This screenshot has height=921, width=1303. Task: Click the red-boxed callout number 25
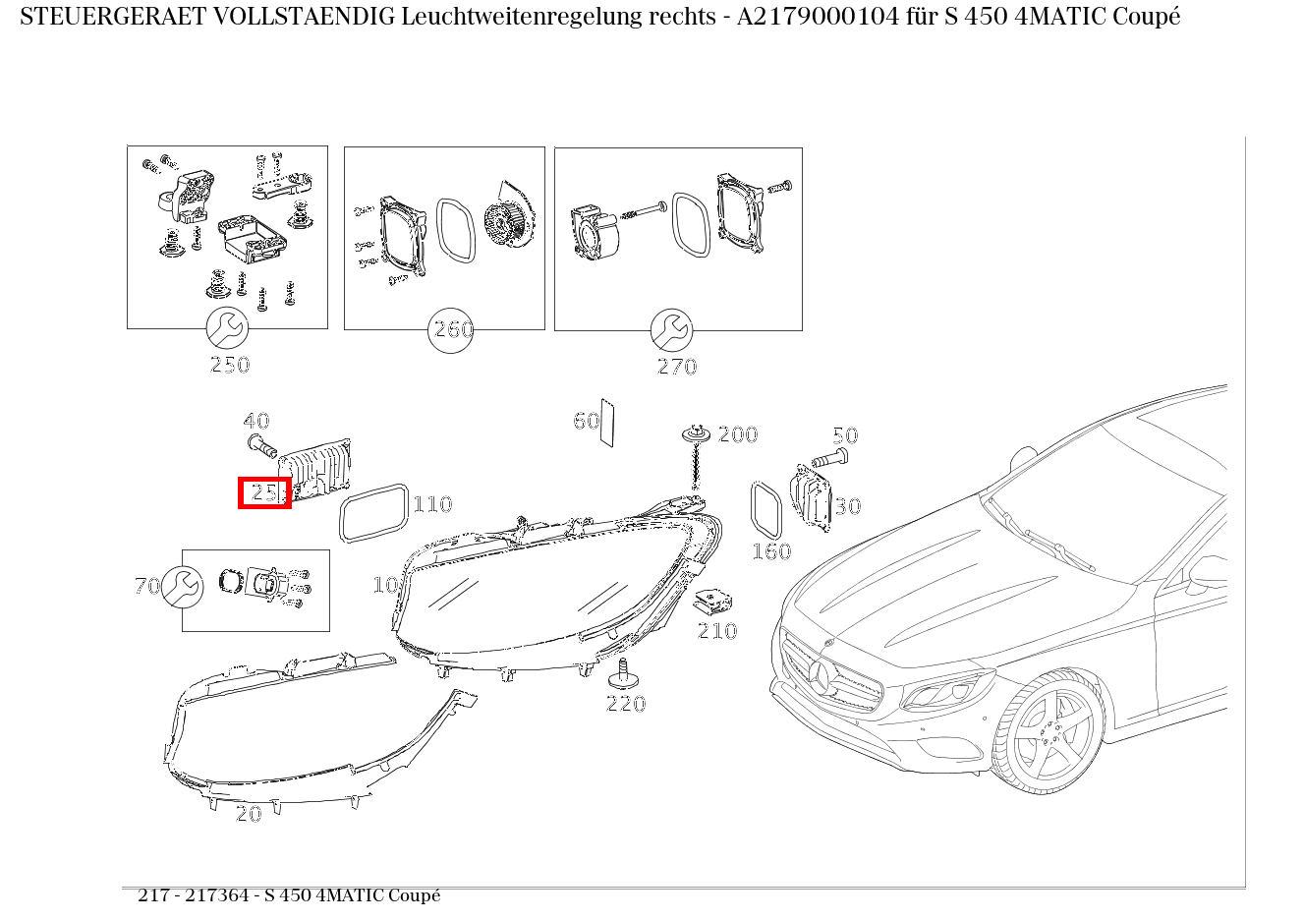(x=264, y=492)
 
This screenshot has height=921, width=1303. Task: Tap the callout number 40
(x=256, y=422)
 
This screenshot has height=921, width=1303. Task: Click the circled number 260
(x=452, y=330)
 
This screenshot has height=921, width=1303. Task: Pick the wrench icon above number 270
(x=672, y=330)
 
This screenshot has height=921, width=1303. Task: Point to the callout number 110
(x=431, y=504)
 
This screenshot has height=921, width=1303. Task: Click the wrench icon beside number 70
(x=183, y=587)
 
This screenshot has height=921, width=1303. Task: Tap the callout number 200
(x=737, y=434)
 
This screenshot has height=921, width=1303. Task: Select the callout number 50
(x=845, y=435)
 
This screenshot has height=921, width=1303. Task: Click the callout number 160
(x=771, y=551)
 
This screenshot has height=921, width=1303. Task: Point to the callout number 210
(x=717, y=631)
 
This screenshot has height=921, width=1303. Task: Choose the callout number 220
(x=626, y=704)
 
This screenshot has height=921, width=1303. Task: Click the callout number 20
(x=249, y=814)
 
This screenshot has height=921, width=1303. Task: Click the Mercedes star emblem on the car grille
(x=820, y=673)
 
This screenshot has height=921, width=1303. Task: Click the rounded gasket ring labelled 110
(x=373, y=512)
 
